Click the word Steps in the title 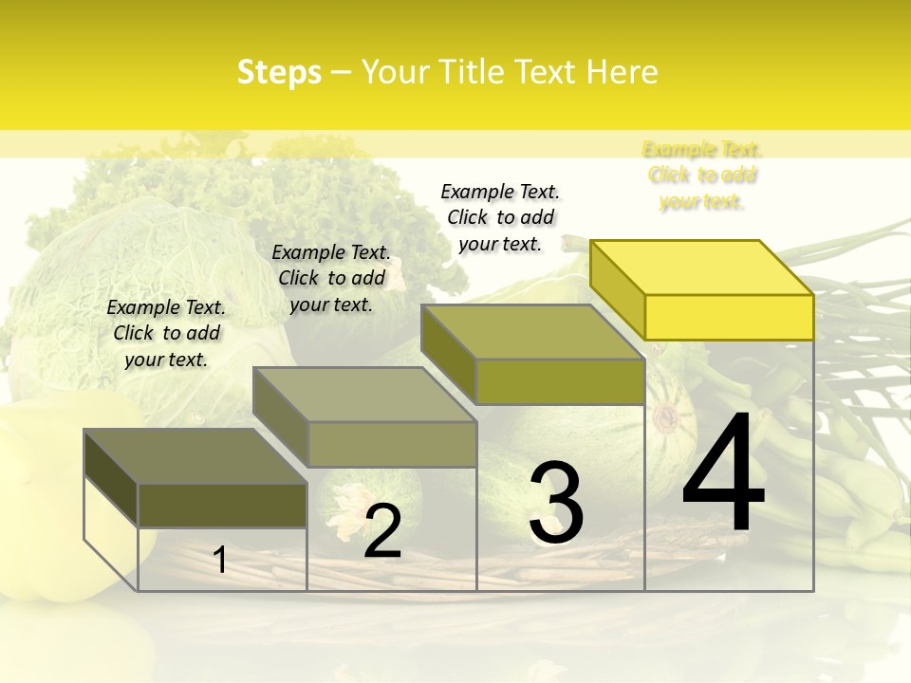point(279,72)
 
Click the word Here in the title point(621,72)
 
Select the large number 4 point(723,474)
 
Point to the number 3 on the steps point(556,503)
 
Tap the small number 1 point(220,561)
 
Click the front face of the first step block point(222,505)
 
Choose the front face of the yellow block point(729,316)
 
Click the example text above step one point(166,333)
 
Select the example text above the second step point(331,278)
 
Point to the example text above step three point(500,217)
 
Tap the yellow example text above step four point(702,175)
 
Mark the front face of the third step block point(560,381)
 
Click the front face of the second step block point(392,444)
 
